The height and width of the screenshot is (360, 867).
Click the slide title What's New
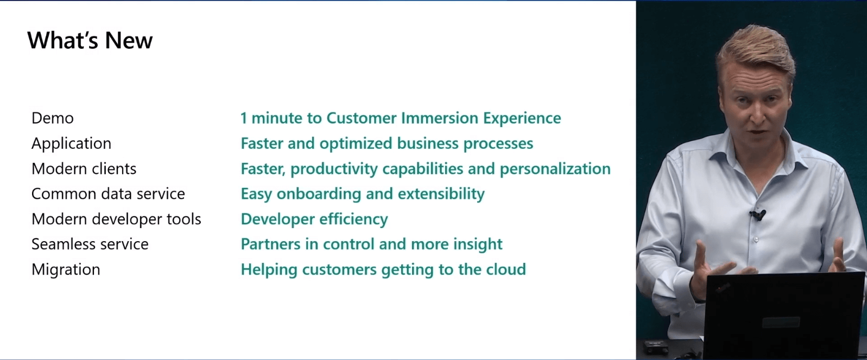(90, 40)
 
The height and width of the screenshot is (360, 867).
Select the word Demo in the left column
(53, 118)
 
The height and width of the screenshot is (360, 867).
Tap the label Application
(71, 143)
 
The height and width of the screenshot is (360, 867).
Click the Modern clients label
(84, 169)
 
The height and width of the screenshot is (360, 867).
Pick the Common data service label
(109, 194)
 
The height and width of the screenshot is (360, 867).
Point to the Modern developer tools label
(117, 219)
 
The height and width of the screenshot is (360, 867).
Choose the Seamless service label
(90, 244)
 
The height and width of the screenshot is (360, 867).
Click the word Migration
(66, 270)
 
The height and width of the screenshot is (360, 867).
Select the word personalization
(555, 169)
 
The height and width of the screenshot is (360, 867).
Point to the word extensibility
(441, 194)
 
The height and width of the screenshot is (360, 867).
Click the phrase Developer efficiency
(314, 219)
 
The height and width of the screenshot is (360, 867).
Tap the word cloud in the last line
(506, 269)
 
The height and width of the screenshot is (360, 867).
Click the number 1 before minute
(244, 118)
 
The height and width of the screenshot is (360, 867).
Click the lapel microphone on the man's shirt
(757, 215)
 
